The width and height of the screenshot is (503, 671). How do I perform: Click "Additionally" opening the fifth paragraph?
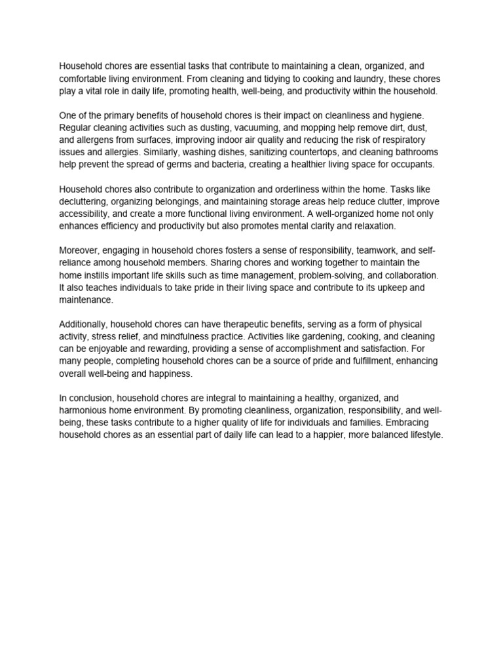pyautogui.click(x=83, y=325)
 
